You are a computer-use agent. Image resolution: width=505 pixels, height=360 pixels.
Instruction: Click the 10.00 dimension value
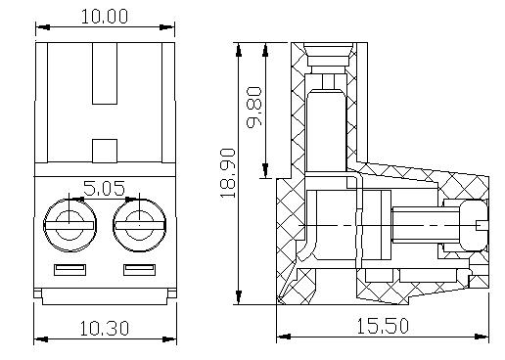point(105,17)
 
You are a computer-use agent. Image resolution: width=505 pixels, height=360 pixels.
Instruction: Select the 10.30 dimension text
point(105,329)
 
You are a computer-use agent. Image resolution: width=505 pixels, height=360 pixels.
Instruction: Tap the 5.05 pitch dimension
point(104,188)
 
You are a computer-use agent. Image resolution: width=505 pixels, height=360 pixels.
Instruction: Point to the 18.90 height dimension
point(228,173)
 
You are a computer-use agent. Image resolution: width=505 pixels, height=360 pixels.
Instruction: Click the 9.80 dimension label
point(254,108)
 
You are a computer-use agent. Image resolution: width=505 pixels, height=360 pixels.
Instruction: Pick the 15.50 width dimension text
point(383,326)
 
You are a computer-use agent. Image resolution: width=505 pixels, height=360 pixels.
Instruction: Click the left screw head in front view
point(69,225)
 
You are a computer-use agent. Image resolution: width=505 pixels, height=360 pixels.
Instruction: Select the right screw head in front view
point(140,225)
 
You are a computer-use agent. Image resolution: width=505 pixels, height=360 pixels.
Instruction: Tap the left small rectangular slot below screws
point(69,270)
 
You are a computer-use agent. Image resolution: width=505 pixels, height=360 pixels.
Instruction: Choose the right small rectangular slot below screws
point(139,270)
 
